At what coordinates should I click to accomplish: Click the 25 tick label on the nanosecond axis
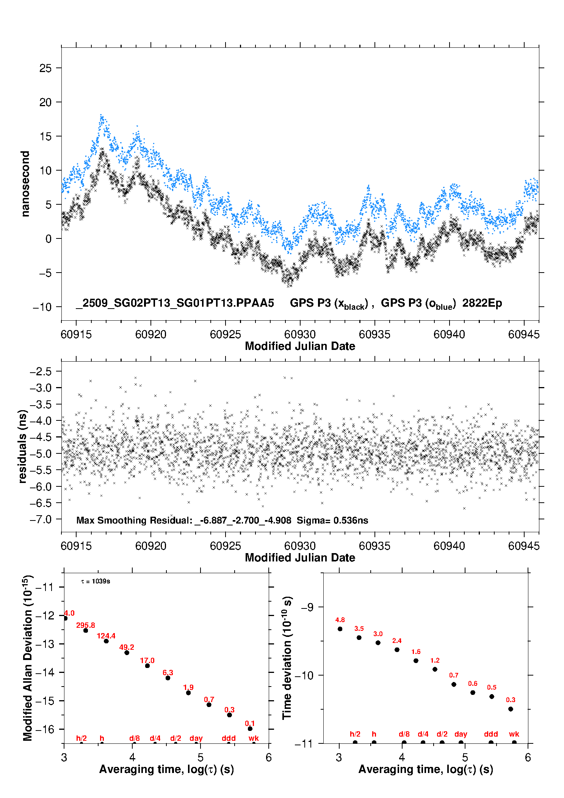click(45, 68)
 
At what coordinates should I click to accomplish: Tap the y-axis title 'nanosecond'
click(25, 184)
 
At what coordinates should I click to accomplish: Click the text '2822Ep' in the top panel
click(482, 303)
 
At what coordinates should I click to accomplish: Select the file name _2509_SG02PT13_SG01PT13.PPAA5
click(175, 303)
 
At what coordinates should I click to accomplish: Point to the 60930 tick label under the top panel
click(300, 334)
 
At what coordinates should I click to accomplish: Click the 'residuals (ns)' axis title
click(23, 446)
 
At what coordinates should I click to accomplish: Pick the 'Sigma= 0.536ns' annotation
click(332, 521)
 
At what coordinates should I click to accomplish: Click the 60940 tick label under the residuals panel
click(449, 546)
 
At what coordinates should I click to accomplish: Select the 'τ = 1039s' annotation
click(96, 582)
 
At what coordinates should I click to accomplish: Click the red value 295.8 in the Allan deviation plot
click(86, 625)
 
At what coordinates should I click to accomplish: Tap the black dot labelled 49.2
click(127, 652)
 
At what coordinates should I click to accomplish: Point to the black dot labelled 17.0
click(147, 666)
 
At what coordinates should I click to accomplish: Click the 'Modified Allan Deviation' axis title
click(27, 658)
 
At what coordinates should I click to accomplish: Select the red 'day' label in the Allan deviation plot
click(196, 738)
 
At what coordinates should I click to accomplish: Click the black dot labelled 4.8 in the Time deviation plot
click(340, 629)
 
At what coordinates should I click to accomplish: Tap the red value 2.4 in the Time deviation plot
click(397, 641)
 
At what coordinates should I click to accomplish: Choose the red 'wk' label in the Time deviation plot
click(514, 734)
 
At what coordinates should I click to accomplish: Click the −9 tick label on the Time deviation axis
click(307, 607)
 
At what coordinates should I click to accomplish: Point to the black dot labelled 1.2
click(435, 669)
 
